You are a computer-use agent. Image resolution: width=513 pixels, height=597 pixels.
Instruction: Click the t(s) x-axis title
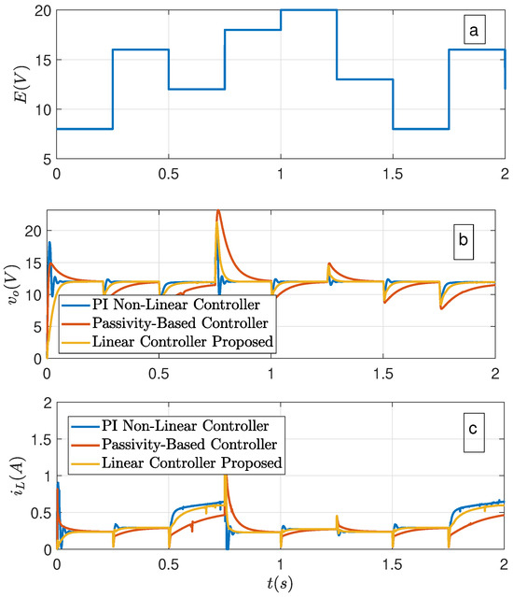tap(280, 586)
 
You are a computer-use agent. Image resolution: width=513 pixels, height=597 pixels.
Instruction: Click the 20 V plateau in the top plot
tap(308, 10)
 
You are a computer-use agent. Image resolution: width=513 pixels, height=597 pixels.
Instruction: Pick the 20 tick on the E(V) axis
tap(37, 10)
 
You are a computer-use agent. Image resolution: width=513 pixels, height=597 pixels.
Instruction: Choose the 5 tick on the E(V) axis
tap(42, 159)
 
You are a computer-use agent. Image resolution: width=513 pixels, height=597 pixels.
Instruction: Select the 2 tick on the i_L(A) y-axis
tap(42, 403)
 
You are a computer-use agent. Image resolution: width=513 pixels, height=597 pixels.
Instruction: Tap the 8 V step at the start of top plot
tap(84, 129)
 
